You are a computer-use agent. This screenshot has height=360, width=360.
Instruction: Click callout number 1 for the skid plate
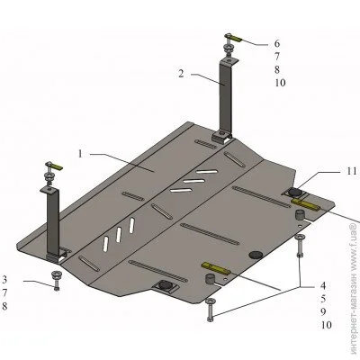[80, 154]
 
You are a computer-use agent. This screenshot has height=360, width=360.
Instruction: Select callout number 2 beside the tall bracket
[181, 73]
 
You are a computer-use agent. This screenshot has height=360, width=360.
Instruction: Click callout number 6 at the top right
[277, 43]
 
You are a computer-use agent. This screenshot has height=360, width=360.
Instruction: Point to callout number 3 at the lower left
[4, 280]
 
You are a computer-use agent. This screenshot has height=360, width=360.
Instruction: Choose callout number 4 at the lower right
[323, 285]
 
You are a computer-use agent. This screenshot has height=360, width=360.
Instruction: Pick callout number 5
[323, 299]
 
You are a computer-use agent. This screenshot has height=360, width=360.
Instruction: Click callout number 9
[323, 312]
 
